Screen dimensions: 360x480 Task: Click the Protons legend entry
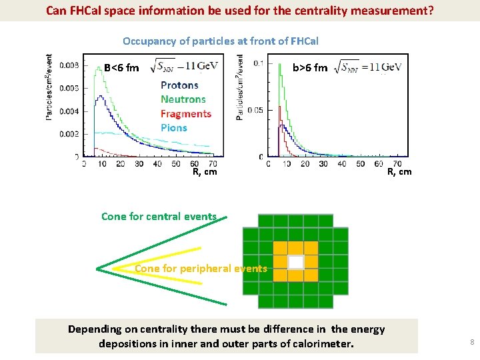[x=179, y=85]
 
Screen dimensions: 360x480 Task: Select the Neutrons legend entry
[x=183, y=99]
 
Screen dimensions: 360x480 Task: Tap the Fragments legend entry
[x=186, y=114]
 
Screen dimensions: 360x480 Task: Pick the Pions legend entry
[x=174, y=127]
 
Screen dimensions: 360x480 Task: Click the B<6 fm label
[x=121, y=67]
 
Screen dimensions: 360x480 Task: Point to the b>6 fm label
[x=310, y=67]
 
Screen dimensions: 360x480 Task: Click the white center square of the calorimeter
[x=295, y=262]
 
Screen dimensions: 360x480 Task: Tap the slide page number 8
[x=471, y=343]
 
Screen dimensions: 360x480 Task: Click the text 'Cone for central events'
[x=159, y=216]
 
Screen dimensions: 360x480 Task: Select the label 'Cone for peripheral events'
[x=201, y=269]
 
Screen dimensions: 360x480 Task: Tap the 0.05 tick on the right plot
[x=255, y=110]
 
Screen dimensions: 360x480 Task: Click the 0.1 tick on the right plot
[x=258, y=63]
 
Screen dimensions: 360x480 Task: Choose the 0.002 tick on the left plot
[x=68, y=133]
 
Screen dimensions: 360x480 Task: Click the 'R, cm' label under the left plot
[x=205, y=171]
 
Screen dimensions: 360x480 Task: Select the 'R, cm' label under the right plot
[x=399, y=171]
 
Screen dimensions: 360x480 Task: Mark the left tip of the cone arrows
[x=97, y=269]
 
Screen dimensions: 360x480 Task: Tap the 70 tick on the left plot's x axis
[x=213, y=163]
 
